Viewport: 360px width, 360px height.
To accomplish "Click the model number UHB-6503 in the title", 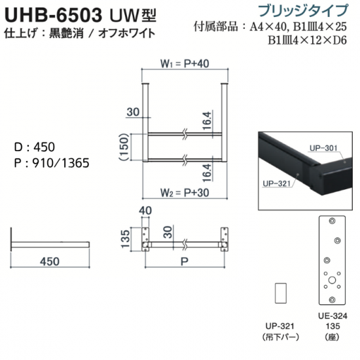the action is pos(53,15).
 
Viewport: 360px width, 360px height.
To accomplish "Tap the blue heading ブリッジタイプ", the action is pos(303,10).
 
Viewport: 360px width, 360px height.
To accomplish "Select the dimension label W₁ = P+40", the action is pos(185,63).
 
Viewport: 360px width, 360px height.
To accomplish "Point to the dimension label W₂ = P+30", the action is pos(185,192).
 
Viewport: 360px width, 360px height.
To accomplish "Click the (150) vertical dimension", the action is pos(124,147).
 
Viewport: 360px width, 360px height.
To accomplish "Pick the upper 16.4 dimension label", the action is pos(207,121).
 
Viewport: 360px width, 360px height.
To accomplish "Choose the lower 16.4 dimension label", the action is pos(207,173).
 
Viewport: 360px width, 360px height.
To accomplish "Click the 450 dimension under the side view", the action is pos(50,262).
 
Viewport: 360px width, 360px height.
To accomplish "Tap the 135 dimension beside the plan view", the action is pos(126,239).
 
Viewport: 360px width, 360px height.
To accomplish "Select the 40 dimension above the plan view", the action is pos(145,211).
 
